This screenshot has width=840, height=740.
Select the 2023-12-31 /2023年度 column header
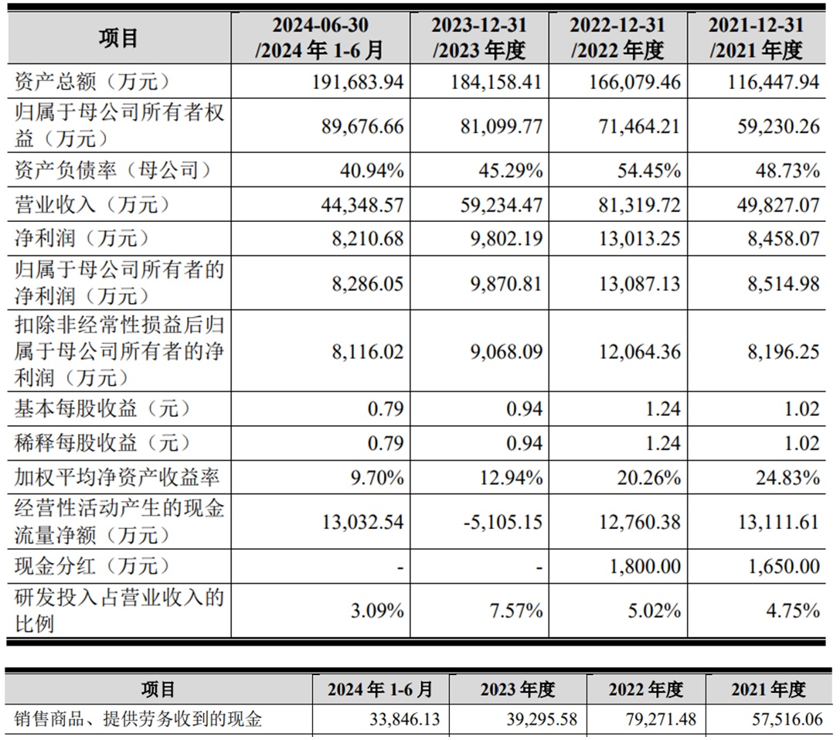[479, 38]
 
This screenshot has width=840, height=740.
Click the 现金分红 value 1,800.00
[644, 567]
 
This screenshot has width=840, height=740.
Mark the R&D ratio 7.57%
[517, 611]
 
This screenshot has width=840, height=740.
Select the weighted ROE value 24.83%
[787, 478]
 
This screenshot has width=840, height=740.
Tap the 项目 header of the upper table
[119, 38]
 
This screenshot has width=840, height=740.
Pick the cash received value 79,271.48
[656, 720]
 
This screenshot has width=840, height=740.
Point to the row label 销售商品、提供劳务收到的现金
[138, 720]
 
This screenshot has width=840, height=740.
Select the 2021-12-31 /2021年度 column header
[757, 38]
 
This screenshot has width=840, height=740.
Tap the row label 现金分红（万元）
[90, 567]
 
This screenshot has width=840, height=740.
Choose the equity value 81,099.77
[495, 126]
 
